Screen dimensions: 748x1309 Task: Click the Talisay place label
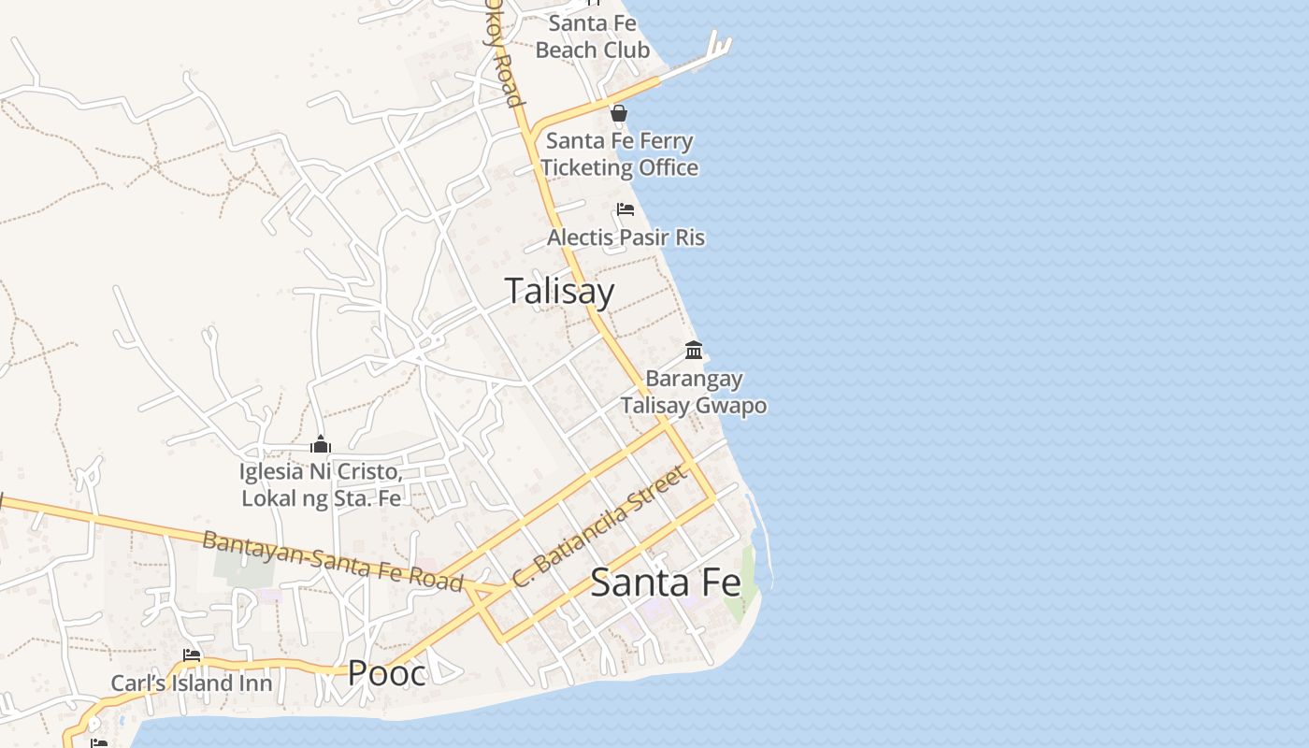click(559, 291)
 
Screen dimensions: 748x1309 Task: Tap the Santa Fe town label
click(665, 583)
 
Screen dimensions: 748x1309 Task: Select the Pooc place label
click(386, 672)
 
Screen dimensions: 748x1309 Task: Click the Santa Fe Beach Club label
click(592, 36)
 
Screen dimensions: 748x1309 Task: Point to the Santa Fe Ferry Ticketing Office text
click(619, 154)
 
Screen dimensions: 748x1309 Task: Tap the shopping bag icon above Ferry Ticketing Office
click(618, 114)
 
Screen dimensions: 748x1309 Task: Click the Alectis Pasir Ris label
click(626, 237)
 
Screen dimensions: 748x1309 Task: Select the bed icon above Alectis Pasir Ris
click(626, 209)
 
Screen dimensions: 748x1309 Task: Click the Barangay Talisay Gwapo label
click(694, 392)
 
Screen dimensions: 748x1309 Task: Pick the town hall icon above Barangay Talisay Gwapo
click(694, 351)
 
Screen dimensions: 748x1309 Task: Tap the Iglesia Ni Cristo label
click(321, 484)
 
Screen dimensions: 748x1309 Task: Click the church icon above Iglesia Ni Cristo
click(321, 444)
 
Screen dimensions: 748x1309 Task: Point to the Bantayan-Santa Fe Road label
click(333, 561)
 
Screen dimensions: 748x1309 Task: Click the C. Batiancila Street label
click(599, 527)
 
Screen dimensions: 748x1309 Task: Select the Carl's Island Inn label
click(192, 683)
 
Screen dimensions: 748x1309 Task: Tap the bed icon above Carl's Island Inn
click(192, 655)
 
